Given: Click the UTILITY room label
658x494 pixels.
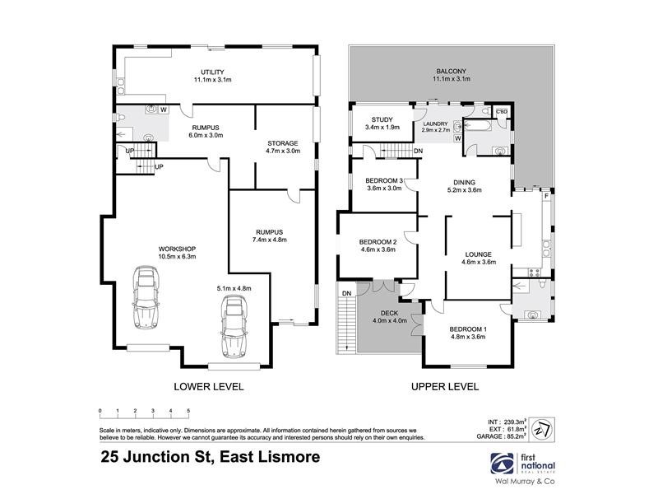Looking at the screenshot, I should point(213,72).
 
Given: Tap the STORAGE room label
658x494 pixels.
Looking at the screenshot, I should point(283,142).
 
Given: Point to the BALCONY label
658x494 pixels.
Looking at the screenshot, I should point(452,72).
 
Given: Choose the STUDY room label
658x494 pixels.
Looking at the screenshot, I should point(382,119).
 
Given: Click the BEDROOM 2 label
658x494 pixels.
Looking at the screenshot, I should point(378,241).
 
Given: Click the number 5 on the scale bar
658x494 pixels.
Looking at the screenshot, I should point(188,410).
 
